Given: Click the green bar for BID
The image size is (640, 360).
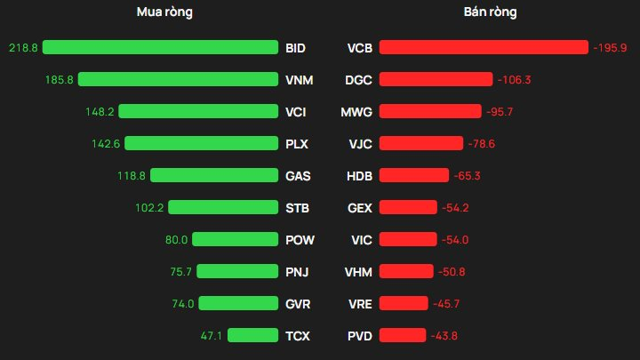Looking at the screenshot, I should click(160, 47).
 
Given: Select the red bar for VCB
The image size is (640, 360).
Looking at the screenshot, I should click(484, 47).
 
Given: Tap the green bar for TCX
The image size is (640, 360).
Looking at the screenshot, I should click(252, 335).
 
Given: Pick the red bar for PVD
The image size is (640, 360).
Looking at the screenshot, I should click(403, 335).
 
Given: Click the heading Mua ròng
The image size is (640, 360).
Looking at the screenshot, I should click(164, 12).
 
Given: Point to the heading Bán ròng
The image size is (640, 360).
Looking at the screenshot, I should click(490, 12).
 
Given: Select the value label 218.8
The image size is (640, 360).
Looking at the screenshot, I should click(22, 47).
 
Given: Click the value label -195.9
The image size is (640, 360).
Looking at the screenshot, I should click(610, 47).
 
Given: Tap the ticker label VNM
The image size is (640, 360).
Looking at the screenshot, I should click(300, 79).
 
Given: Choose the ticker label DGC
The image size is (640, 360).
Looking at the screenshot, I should click(358, 79).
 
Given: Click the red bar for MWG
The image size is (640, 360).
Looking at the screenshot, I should click(431, 111).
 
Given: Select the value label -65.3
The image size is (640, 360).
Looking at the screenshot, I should click(467, 175).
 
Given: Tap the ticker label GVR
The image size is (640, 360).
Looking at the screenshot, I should click(299, 303).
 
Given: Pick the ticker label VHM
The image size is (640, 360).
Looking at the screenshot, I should click(358, 271).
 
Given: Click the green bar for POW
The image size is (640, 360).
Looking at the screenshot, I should click(235, 239).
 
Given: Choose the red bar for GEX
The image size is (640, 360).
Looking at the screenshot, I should click(408, 207).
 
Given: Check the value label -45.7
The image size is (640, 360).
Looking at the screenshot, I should click(445, 303).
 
